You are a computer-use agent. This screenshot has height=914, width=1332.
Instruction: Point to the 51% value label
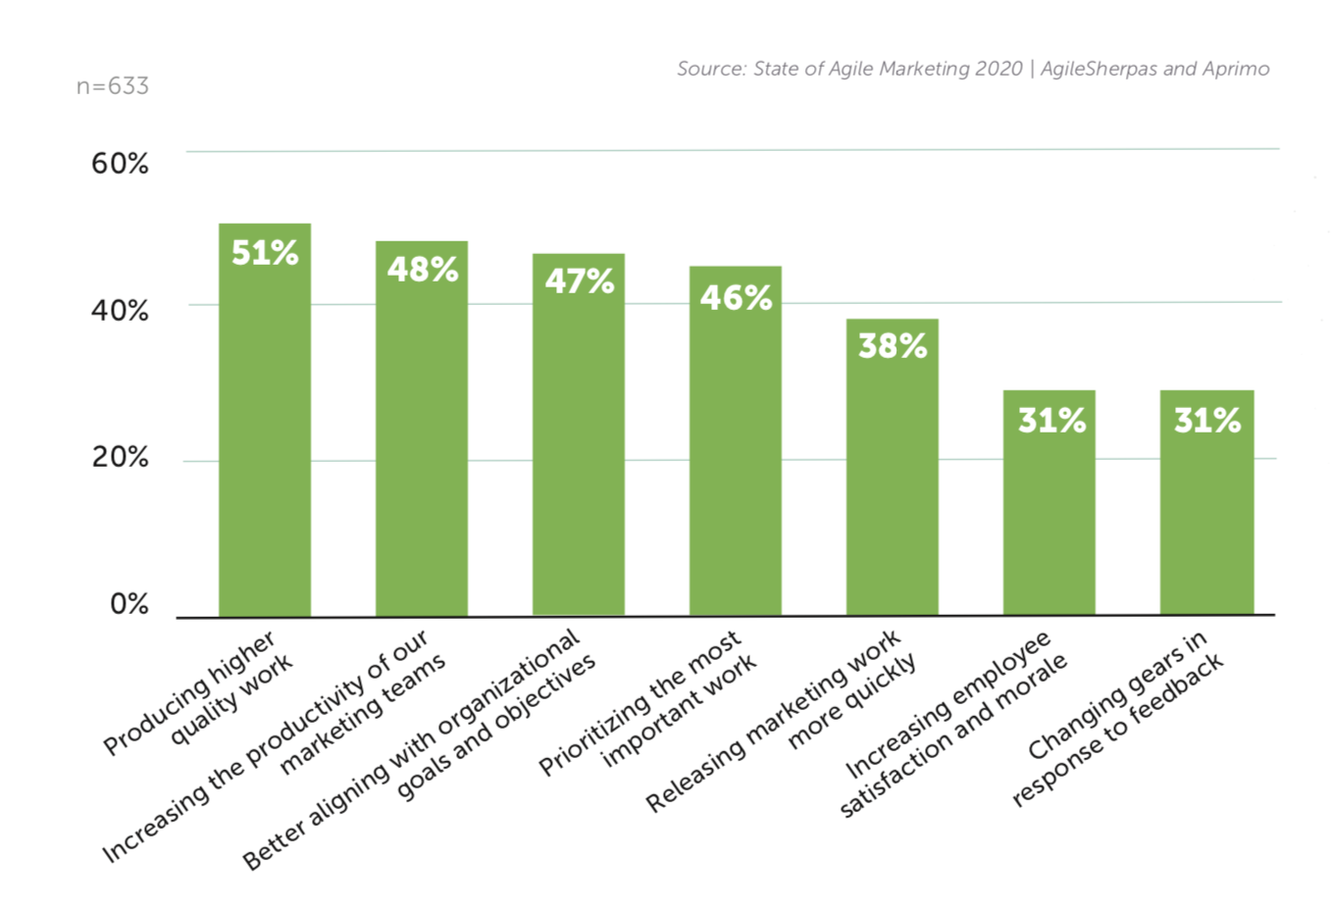pyautogui.click(x=265, y=253)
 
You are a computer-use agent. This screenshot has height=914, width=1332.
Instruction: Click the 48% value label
pyautogui.click(x=423, y=270)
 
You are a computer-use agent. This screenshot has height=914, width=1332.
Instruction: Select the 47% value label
pyautogui.click(x=580, y=281)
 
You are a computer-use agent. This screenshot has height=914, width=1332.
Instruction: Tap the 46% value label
pyautogui.click(x=736, y=297)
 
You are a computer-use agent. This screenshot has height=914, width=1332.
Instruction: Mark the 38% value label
pyautogui.click(x=893, y=345)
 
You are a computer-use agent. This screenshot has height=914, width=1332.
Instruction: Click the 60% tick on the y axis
pyautogui.click(x=120, y=163)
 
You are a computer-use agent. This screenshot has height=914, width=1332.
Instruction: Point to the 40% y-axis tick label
pyautogui.click(x=120, y=311)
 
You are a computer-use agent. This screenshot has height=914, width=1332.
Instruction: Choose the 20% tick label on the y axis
pyautogui.click(x=120, y=457)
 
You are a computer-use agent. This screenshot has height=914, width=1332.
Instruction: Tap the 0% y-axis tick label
pyautogui.click(x=128, y=603)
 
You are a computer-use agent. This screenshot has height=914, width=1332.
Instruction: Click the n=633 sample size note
pyautogui.click(x=113, y=86)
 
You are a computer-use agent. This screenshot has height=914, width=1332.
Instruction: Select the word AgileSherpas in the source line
pyautogui.click(x=1098, y=69)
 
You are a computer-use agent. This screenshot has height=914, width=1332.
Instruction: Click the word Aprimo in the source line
pyautogui.click(x=1236, y=69)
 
